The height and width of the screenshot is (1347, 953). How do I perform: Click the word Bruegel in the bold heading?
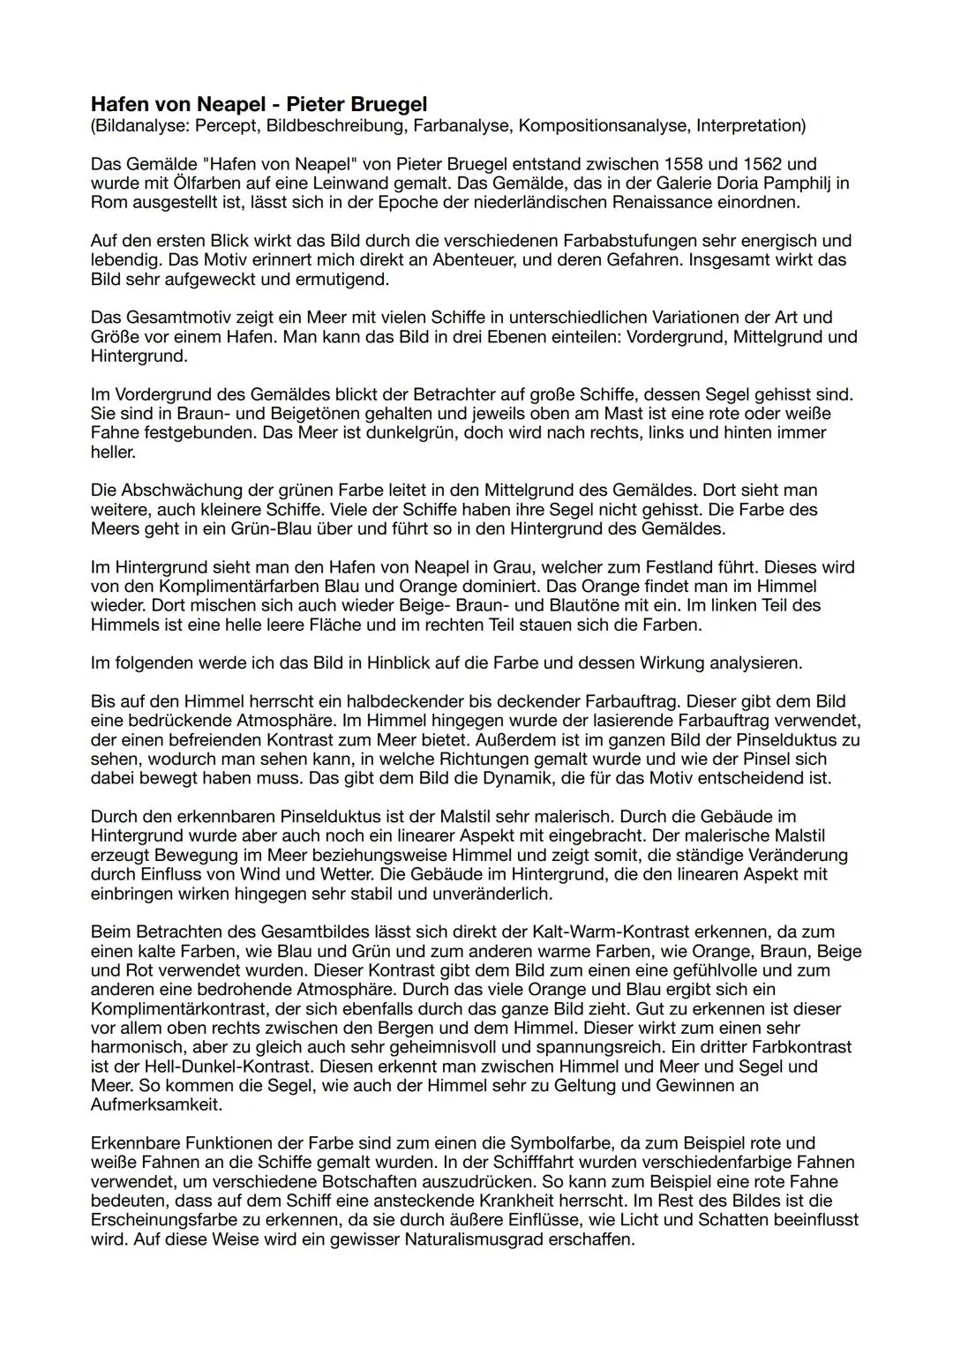pos(383,105)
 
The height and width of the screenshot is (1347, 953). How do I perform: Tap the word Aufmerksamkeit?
pos(157,1104)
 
